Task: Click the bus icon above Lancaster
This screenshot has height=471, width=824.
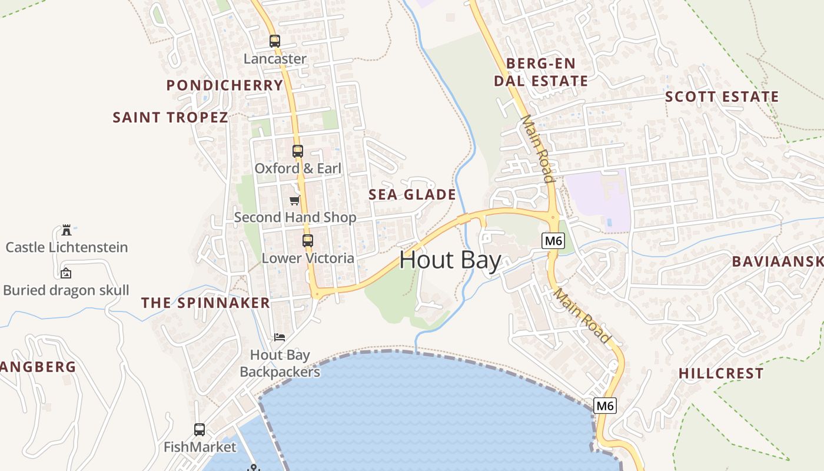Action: tap(275, 41)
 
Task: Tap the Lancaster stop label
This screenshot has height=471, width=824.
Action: tap(275, 59)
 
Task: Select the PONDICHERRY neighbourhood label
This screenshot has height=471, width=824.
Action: tap(225, 85)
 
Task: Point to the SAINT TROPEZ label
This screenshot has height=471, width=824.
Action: tap(170, 117)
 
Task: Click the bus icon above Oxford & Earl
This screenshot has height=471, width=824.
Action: tap(298, 151)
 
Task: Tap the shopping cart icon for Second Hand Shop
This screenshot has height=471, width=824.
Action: tap(294, 200)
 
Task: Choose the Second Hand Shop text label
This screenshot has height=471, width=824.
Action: tap(295, 217)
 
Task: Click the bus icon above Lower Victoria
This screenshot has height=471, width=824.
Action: tap(308, 241)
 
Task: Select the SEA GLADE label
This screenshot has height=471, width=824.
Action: tap(412, 195)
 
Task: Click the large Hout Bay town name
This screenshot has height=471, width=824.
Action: tap(450, 260)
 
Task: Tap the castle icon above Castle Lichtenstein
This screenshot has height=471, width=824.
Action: tap(66, 230)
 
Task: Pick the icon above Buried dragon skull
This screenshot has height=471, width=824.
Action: tap(66, 273)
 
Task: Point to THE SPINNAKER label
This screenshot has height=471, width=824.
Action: tap(205, 303)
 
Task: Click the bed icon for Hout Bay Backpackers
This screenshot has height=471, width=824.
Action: tap(280, 337)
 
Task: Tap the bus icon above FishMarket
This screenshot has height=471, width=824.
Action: tap(200, 430)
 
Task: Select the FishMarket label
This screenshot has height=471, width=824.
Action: tap(200, 447)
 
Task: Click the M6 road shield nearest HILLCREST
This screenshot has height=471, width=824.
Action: tap(605, 406)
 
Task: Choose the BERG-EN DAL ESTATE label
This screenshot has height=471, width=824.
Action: tap(541, 72)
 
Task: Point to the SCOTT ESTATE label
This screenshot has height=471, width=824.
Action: tap(722, 97)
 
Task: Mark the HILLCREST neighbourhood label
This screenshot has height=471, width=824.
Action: tap(721, 373)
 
